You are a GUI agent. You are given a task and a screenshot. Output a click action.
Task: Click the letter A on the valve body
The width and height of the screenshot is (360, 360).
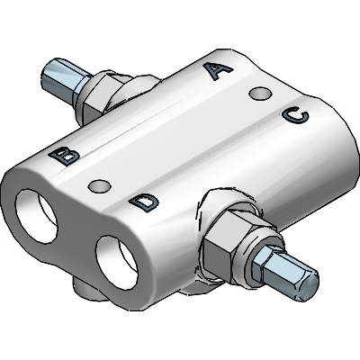pyautogui.click(x=218, y=70)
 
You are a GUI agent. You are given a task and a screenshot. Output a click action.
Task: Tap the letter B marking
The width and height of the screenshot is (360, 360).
pyautogui.click(x=64, y=156)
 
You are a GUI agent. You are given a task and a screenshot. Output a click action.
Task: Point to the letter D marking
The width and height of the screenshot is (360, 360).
pyautogui.click(x=144, y=202)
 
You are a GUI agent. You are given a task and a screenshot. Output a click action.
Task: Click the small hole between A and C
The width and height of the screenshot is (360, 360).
pyautogui.click(x=260, y=94)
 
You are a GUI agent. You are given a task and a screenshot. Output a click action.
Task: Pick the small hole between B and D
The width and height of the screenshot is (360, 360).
pyautogui.click(x=99, y=186)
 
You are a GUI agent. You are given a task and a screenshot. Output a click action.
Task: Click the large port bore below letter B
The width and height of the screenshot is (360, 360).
pyautogui.click(x=36, y=216)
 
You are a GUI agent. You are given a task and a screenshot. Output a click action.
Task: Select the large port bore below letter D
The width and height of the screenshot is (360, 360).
pyautogui.click(x=117, y=263)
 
